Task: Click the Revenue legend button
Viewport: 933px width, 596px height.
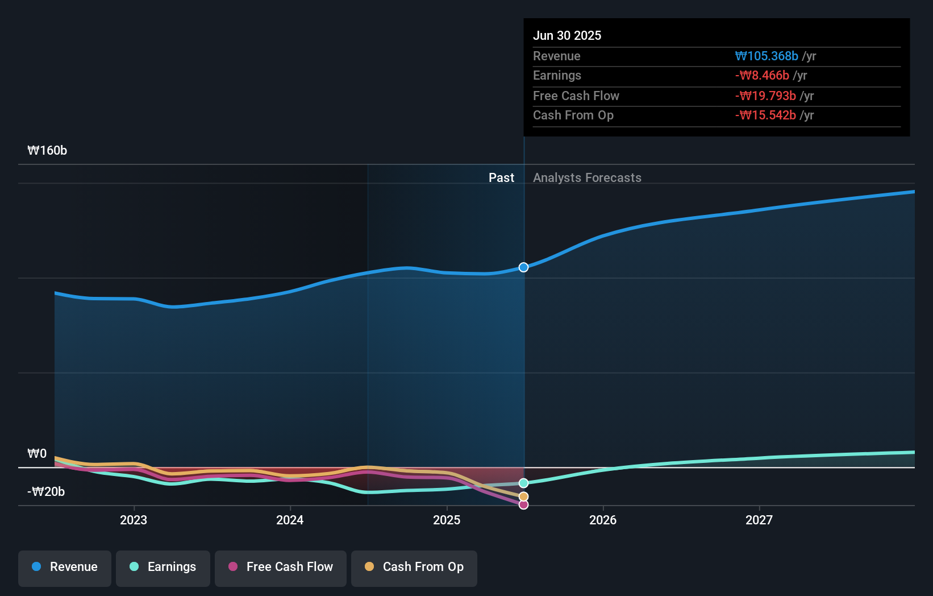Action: pyautogui.click(x=65, y=568)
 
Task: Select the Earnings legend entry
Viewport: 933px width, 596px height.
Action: pyautogui.click(x=163, y=568)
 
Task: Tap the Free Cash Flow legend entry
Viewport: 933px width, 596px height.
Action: pyautogui.click(x=281, y=568)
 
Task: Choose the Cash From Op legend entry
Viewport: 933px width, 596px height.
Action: pyautogui.click(x=414, y=568)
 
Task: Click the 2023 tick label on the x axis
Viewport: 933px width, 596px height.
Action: pyautogui.click(x=134, y=520)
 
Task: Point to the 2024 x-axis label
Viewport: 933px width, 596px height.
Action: pyautogui.click(x=290, y=520)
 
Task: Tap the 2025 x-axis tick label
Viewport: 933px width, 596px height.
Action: pyautogui.click(x=447, y=520)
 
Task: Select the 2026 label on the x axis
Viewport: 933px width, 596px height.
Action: pyautogui.click(x=603, y=520)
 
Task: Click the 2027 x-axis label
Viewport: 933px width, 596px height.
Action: pyautogui.click(x=759, y=520)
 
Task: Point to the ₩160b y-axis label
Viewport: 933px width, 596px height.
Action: pyautogui.click(x=47, y=151)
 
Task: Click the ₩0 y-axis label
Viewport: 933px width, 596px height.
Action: pyautogui.click(x=37, y=454)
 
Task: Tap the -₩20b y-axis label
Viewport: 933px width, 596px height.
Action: pyautogui.click(x=46, y=492)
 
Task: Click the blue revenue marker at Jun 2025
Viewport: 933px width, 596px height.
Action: pyautogui.click(x=524, y=267)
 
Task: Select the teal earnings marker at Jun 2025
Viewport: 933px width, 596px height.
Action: pyautogui.click(x=524, y=483)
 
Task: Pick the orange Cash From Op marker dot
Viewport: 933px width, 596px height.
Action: pyautogui.click(x=524, y=497)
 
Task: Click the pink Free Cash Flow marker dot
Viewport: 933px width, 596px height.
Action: pyautogui.click(x=524, y=505)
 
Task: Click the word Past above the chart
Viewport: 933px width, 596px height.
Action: pyautogui.click(x=501, y=178)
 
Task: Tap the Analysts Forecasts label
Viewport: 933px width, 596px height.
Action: pyautogui.click(x=587, y=178)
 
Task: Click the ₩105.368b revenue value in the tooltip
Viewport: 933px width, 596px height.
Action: pyautogui.click(x=767, y=56)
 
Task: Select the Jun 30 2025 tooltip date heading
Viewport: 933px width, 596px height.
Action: pyautogui.click(x=567, y=36)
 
